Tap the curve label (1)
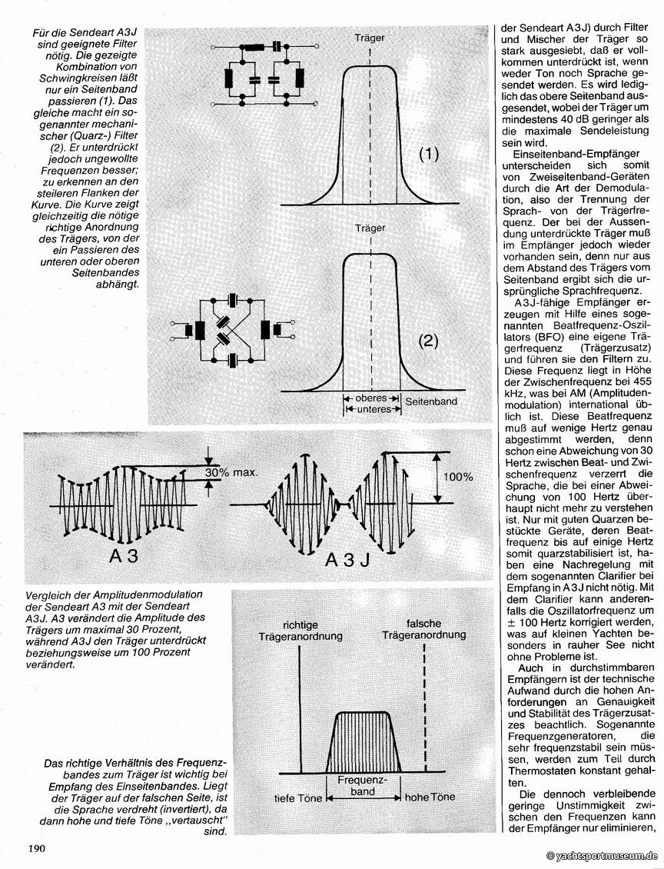[428, 154]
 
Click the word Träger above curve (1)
[370, 37]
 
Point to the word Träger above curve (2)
[370, 228]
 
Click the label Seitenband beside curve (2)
[431, 402]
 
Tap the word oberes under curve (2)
[371, 398]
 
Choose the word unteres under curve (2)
[371, 409]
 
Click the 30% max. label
[237, 472]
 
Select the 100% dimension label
[458, 477]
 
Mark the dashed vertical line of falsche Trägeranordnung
[425, 708]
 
